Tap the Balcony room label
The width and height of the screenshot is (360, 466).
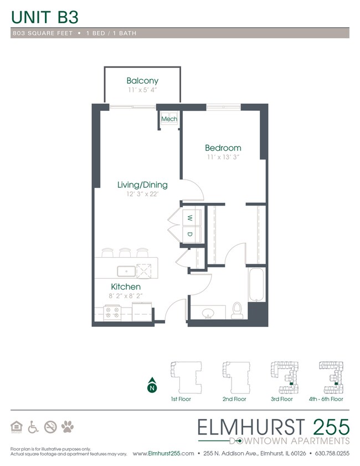click(142, 80)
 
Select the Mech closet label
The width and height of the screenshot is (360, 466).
click(169, 119)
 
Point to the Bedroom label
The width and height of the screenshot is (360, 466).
click(223, 148)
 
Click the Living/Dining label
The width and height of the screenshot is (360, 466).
click(142, 185)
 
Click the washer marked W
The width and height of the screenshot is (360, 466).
click(189, 217)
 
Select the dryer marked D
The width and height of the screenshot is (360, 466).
click(189, 234)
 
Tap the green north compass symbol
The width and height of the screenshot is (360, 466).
click(151, 387)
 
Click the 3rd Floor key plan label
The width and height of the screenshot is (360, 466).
click(281, 399)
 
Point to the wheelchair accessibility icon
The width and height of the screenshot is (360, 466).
click(33, 427)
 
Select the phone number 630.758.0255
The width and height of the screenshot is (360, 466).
click(331, 453)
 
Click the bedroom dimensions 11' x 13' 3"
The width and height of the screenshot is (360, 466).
click(223, 158)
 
